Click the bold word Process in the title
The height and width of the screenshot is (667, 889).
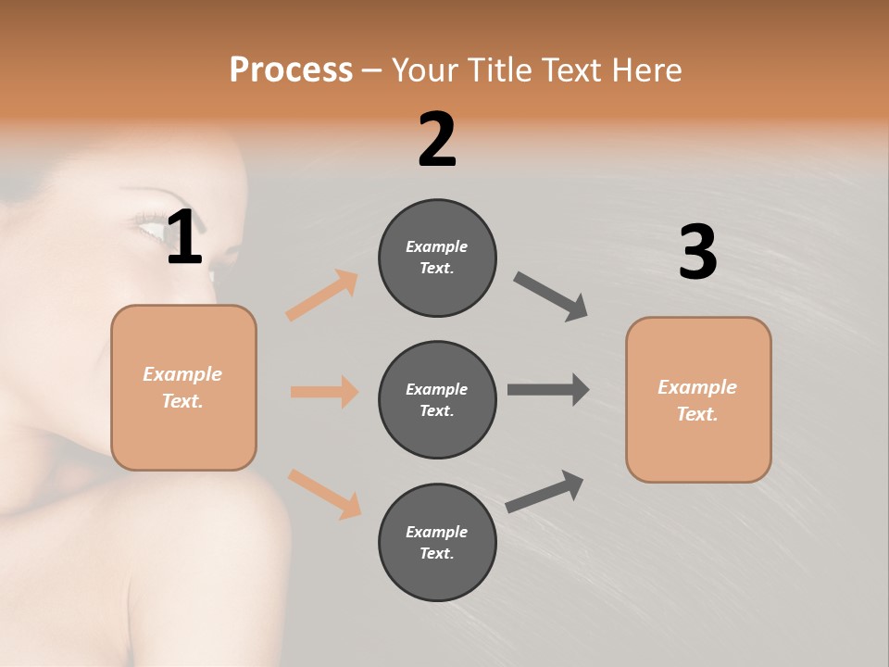point(291,69)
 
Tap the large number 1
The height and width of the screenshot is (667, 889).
point(184,238)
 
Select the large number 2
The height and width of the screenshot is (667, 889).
point(437,140)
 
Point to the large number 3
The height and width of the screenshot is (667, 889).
point(697,253)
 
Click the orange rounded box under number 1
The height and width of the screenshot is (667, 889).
point(183,387)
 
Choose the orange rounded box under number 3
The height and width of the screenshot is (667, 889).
point(698,399)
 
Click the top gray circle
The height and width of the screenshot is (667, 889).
point(437,258)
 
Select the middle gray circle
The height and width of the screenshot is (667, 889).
point(437,399)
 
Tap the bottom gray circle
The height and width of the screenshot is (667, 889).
point(437,542)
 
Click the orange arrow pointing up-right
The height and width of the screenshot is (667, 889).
point(321,295)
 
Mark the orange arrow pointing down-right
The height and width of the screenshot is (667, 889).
point(324,493)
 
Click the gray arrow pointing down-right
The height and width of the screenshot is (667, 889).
point(551,296)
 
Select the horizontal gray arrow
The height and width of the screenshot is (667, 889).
point(548,389)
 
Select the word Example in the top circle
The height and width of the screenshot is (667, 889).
point(437,246)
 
